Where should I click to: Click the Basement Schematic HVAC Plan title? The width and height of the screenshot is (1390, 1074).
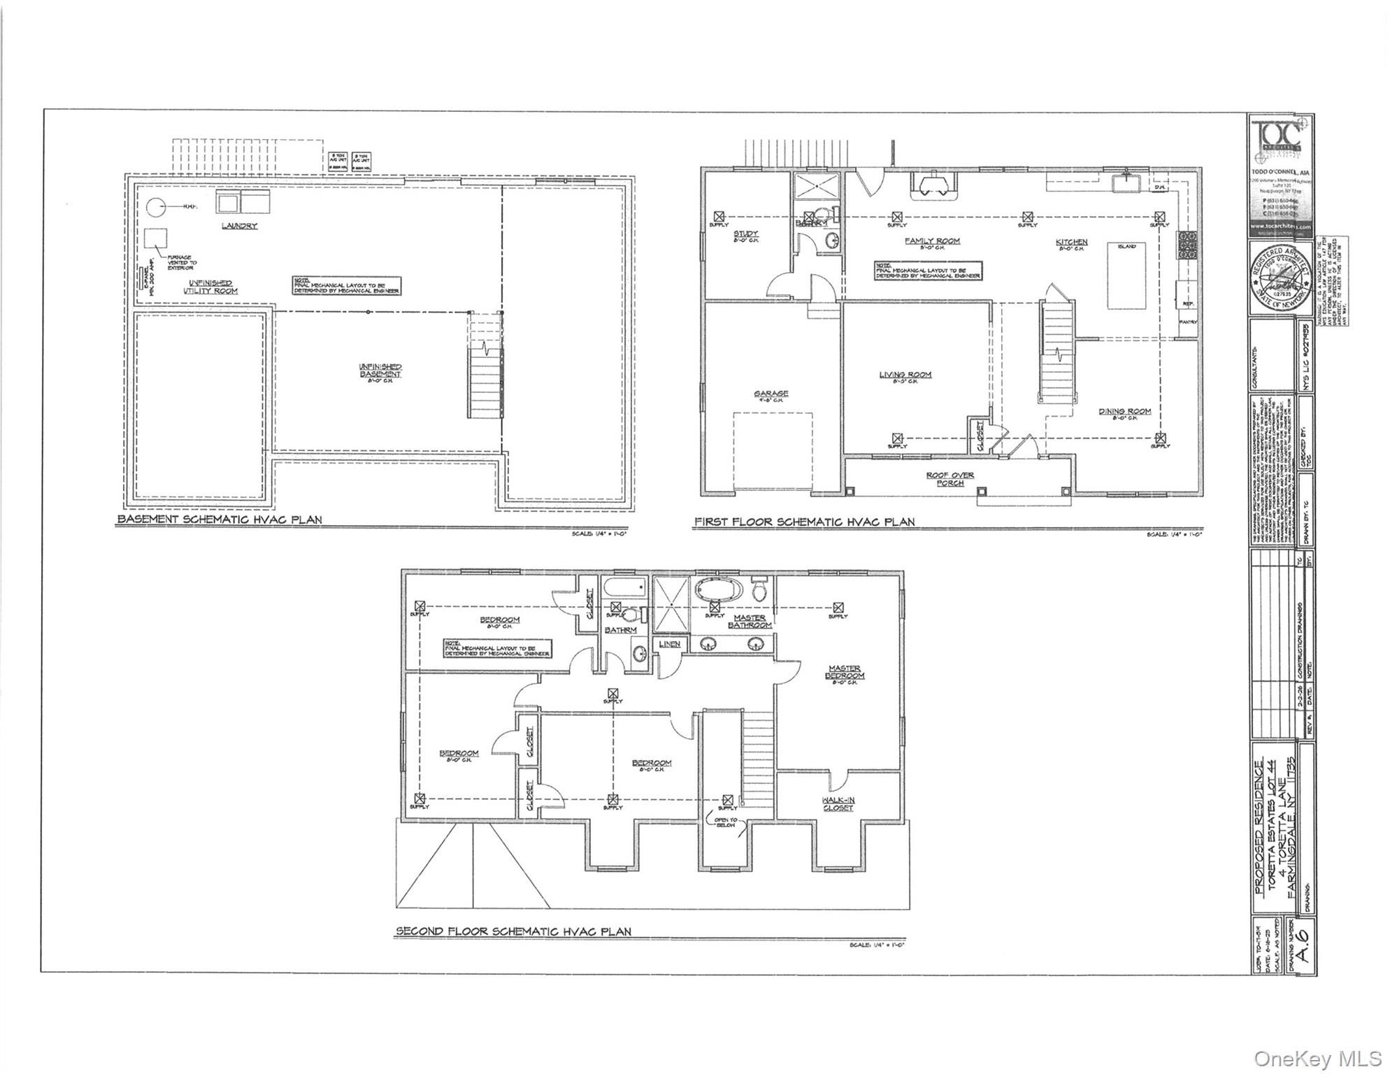(220, 520)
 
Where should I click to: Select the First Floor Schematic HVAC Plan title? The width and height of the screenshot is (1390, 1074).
(803, 522)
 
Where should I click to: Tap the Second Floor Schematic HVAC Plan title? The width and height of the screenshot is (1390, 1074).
(513, 931)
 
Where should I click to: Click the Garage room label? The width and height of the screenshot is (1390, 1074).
(771, 394)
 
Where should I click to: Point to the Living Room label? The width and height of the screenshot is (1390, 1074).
(905, 375)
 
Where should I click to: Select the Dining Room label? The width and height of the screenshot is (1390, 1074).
(1124, 412)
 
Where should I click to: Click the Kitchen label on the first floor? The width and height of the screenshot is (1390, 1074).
(1071, 242)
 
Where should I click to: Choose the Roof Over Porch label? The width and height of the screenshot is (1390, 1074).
(950, 479)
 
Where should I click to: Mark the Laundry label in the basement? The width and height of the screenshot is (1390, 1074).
(240, 226)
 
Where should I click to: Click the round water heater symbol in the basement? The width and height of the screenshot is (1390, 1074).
(157, 207)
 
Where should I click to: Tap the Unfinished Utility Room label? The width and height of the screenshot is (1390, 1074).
(210, 287)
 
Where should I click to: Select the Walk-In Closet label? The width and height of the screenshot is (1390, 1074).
(838, 804)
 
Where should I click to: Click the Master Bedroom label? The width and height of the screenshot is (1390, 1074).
(845, 672)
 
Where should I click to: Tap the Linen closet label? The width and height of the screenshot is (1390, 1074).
(670, 644)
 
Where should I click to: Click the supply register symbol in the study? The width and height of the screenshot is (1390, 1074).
(719, 216)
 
